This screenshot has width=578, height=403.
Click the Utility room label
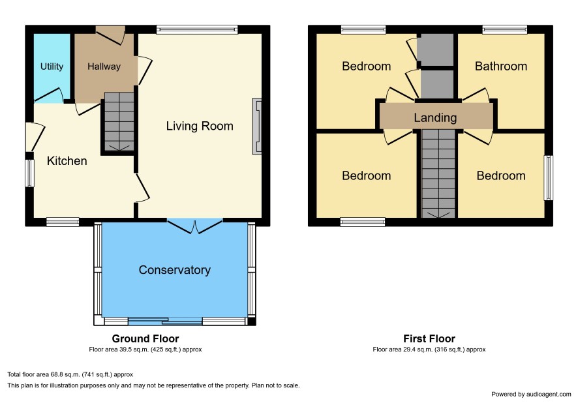52,67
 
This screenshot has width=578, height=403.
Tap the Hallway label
104,67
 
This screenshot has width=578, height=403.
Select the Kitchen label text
67,161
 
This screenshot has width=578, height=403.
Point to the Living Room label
200,126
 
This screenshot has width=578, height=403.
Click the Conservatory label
174,270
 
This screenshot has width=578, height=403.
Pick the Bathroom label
500,67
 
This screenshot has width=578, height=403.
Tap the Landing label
435,117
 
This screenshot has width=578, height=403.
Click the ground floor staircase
119,121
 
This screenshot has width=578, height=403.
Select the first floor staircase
438,173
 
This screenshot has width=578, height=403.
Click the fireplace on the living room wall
257,126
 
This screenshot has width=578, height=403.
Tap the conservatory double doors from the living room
195,226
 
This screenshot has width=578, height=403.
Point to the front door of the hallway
110,35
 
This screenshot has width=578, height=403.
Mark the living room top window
197,30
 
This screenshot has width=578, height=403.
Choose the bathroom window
505,30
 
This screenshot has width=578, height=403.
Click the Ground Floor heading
145,338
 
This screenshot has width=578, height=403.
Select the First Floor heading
429,338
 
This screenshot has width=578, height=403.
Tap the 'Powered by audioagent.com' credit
531,394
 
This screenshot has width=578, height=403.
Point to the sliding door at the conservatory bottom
165,321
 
